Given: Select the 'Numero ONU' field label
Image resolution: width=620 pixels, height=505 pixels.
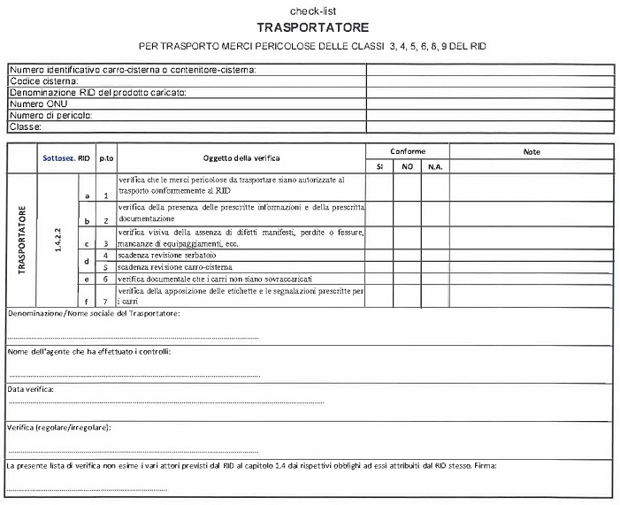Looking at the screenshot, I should click(38, 103).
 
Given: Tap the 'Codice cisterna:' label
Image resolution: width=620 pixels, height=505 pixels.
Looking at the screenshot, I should click(43, 81).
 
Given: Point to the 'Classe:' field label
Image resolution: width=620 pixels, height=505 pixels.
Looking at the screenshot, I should click(26, 126).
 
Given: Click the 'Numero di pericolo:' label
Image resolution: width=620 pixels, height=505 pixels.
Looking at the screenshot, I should click(51, 115).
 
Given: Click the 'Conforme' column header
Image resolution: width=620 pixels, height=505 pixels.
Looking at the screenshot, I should click(408, 151).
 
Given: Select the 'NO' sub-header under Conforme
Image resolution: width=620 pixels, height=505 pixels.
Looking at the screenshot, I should click(407, 166).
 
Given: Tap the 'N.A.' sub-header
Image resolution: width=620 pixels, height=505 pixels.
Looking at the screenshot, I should click(434, 166).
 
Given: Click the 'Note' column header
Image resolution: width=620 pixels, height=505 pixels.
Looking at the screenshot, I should click(532, 151).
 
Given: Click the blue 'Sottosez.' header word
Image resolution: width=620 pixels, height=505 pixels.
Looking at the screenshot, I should click(58, 158).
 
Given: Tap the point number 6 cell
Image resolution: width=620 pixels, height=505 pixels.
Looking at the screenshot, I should click(105, 278).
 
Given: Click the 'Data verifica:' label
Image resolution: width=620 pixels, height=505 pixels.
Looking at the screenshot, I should click(31, 388).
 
